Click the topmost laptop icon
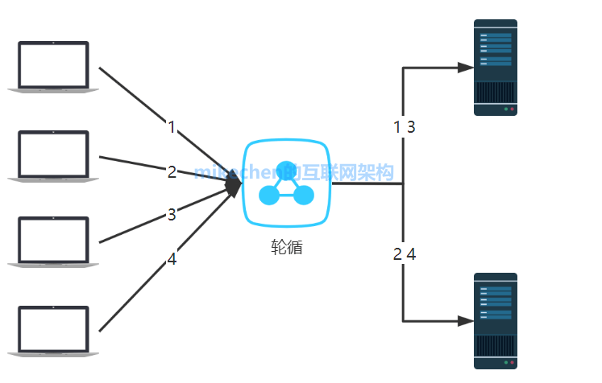pyautogui.click(x=53, y=67)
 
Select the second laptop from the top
pyautogui.click(x=53, y=155)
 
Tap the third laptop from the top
pyautogui.click(x=53, y=241)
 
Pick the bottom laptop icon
pyautogui.click(x=53, y=330)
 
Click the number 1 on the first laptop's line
pyautogui.click(x=171, y=126)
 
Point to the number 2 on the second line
pyautogui.click(x=172, y=171)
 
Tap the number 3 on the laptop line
pyautogui.click(x=171, y=214)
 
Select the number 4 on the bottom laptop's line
pyautogui.click(x=172, y=259)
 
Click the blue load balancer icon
pyautogui.click(x=287, y=183)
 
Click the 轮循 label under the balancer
pyautogui.click(x=287, y=248)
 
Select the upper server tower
pyautogui.click(x=496, y=68)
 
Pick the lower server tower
pyautogui.click(x=496, y=320)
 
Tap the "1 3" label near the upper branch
pyautogui.click(x=404, y=126)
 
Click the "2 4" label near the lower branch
pyautogui.click(x=404, y=254)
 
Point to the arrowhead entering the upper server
pyautogui.click(x=465, y=68)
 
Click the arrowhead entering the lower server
pyautogui.click(x=465, y=321)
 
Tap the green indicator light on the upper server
pyautogui.click(x=505, y=109)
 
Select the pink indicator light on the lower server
pyautogui.click(x=513, y=362)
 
